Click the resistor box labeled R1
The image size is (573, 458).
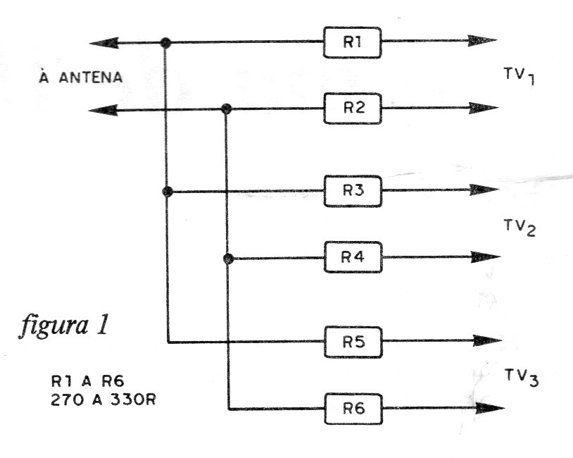pyautogui.click(x=352, y=42)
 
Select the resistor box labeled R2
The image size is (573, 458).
pyautogui.click(x=353, y=109)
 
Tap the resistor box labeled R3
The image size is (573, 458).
pyautogui.click(x=353, y=191)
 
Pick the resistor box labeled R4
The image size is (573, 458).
pyautogui.click(x=353, y=257)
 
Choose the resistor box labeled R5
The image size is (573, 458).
pyautogui.click(x=353, y=342)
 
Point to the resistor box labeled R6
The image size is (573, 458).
pyautogui.click(x=354, y=409)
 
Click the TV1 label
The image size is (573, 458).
pyautogui.click(x=520, y=75)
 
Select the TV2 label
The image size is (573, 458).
pyautogui.click(x=520, y=227)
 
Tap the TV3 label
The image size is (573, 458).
pyautogui.click(x=522, y=378)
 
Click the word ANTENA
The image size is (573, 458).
pyautogui.click(x=91, y=78)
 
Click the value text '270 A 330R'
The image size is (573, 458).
pyautogui.click(x=103, y=400)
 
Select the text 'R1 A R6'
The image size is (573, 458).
pyautogui.click(x=88, y=381)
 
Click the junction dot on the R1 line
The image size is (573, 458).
pyautogui.click(x=165, y=43)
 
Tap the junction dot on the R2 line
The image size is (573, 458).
pyautogui.click(x=227, y=109)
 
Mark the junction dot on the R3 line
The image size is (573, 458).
pyautogui.click(x=168, y=192)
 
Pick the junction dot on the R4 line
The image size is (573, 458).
pyautogui.click(x=228, y=259)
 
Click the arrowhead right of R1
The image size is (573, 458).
pyautogui.click(x=482, y=41)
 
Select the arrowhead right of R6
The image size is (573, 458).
pyautogui.click(x=490, y=408)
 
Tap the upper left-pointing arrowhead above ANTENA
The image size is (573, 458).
pyautogui.click(x=103, y=43)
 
